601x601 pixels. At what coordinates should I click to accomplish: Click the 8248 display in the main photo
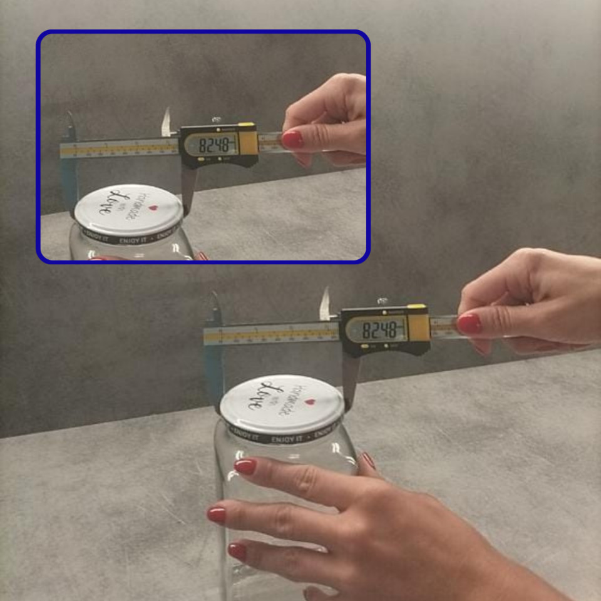(379, 330)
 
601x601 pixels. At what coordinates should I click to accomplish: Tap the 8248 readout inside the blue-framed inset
(217, 145)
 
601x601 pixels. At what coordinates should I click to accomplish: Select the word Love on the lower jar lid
(264, 395)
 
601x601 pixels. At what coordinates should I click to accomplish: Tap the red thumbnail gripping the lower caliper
(470, 323)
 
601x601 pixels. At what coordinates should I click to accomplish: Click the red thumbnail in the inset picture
(292, 139)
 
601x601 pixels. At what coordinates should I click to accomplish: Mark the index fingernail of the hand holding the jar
(245, 466)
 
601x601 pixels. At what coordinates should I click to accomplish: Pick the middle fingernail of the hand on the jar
(217, 515)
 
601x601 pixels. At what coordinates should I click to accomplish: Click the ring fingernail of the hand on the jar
(237, 551)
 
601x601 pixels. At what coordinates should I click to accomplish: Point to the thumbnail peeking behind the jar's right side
(368, 461)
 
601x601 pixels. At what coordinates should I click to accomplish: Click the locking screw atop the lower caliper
(382, 301)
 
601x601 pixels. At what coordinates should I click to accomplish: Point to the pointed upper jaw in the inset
(166, 122)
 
